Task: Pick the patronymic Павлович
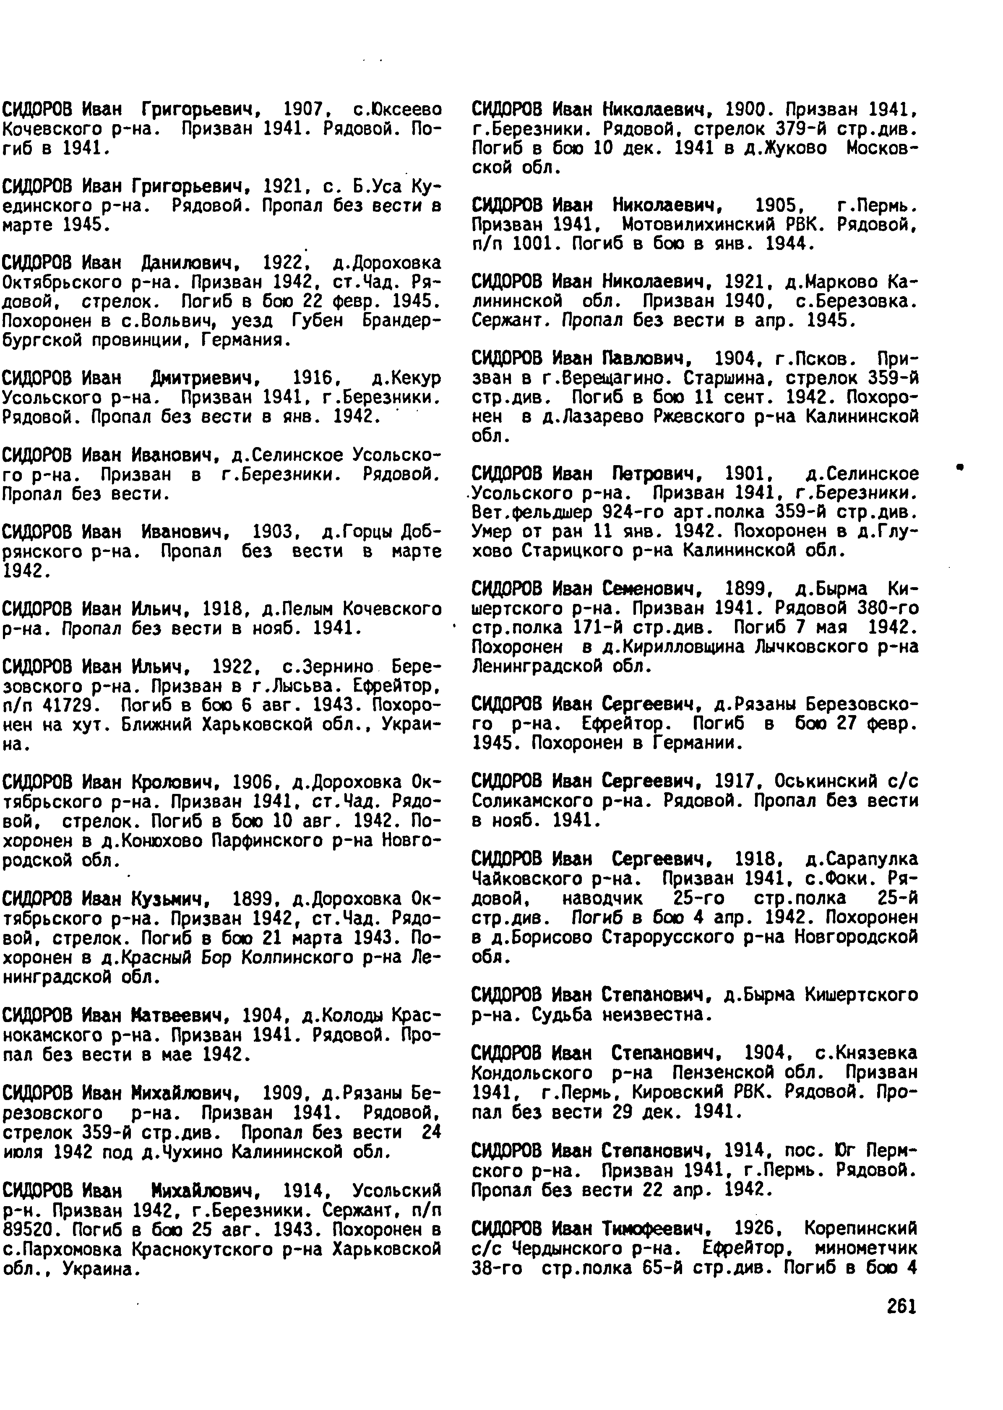[646, 359]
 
